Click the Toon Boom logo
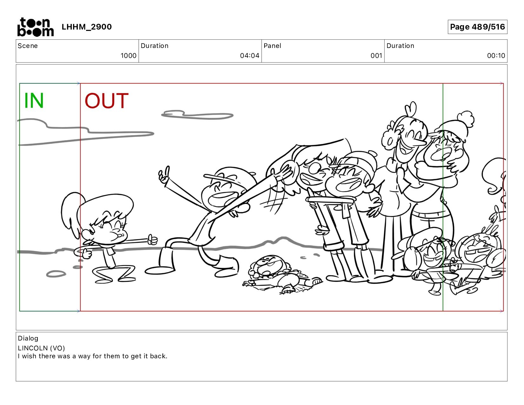coord(35,27)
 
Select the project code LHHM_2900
coord(87,27)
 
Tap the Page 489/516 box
coord(477,27)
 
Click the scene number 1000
coord(128,56)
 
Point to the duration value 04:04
coord(250,56)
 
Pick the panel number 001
coord(376,56)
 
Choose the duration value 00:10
coord(496,56)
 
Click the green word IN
coord(34,101)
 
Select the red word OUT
coord(107,101)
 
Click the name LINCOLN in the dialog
coord(33,348)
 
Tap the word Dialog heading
coord(28,338)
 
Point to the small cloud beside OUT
coord(197,115)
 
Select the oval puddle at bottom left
coord(56,274)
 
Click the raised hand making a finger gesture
coord(164,174)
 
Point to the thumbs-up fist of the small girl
coord(152,240)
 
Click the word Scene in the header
coord(28,46)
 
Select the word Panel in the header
coord(272,46)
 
